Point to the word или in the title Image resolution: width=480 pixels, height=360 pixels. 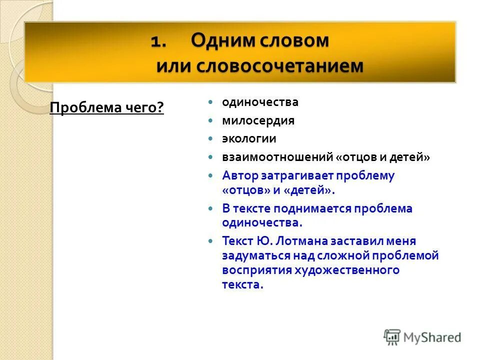click(x=173, y=66)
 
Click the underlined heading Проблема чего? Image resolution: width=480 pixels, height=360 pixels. click(x=107, y=107)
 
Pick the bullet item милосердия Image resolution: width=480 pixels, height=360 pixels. click(x=258, y=120)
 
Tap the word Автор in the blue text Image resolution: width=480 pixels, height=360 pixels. click(x=239, y=175)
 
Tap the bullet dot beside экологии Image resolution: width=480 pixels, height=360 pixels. click(x=211, y=138)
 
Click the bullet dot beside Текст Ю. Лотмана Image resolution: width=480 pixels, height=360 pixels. click(x=211, y=241)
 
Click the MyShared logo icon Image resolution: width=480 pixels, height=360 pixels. click(x=392, y=337)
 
